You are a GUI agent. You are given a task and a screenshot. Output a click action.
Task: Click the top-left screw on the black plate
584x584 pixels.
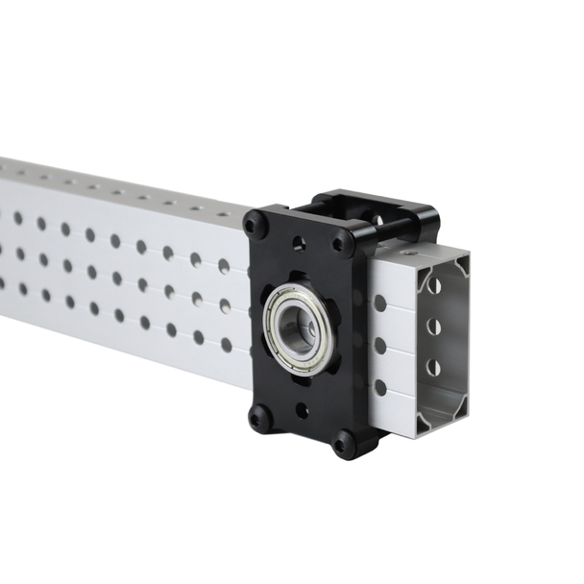[256, 226]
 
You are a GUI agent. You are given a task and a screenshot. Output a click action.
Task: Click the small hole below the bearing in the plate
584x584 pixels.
[302, 411]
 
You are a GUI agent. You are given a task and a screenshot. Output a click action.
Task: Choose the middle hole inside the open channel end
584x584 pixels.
[433, 327]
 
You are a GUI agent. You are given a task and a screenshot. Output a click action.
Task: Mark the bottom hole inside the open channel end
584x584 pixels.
[433, 367]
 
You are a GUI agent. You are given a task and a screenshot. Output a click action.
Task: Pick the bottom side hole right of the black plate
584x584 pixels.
[380, 387]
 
